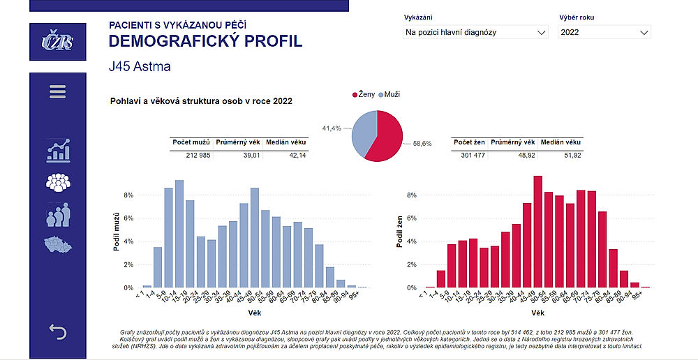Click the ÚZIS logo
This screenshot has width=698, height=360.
pos(57,42)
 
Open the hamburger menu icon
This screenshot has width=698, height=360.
pos(57,92)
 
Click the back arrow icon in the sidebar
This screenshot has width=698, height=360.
pos(57,332)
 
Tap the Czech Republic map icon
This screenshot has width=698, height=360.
pos(58,245)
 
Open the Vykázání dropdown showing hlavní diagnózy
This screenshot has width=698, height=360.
pos(475,32)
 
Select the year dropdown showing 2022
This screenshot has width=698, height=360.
pos(604,32)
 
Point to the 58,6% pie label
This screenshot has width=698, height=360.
pos(422,143)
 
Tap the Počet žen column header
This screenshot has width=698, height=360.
pos(468,142)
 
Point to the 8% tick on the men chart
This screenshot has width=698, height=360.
pos(128,195)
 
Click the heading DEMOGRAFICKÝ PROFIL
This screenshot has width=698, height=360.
pos(205,41)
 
